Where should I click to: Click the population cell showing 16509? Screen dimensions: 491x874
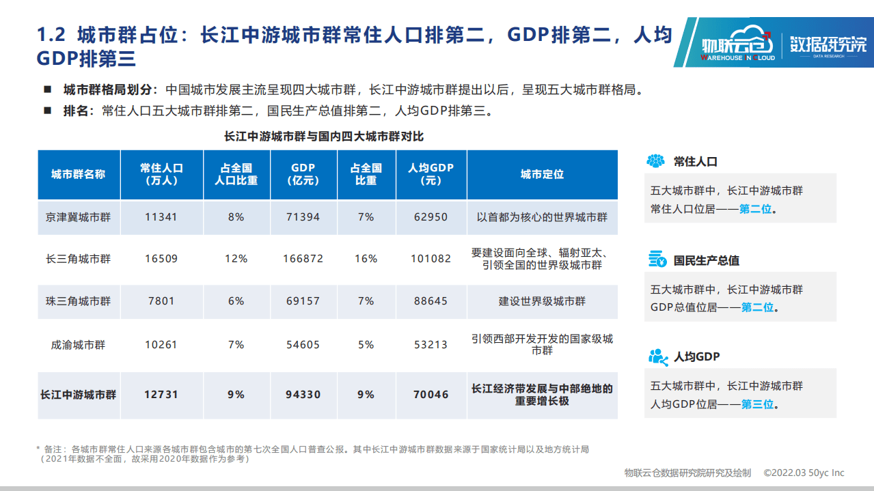[161, 259]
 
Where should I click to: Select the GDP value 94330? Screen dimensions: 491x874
[303, 394]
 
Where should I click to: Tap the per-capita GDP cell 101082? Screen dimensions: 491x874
[431, 259]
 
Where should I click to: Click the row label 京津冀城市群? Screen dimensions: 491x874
[79, 217]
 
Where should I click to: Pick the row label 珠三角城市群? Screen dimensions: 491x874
[79, 301]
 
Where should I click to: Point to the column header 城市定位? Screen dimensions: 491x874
[542, 174]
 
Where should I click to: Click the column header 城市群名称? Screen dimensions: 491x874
[79, 174]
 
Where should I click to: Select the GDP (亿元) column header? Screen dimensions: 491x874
[303, 174]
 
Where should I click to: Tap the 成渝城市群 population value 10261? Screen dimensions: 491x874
[161, 345]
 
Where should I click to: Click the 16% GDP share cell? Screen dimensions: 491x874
[366, 259]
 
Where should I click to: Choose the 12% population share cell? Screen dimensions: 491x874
[236, 259]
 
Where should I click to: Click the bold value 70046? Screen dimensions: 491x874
[431, 394]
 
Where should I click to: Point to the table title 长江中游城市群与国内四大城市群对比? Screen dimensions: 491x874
[324, 137]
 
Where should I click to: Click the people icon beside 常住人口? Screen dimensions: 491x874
[656, 161]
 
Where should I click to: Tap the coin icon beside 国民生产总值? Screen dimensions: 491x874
[657, 259]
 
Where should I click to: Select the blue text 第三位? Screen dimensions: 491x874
[757, 404]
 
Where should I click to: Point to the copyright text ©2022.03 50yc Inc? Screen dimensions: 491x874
[804, 473]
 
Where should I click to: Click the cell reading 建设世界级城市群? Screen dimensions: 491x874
[542, 301]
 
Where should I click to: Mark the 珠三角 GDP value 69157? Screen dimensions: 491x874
[303, 301]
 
